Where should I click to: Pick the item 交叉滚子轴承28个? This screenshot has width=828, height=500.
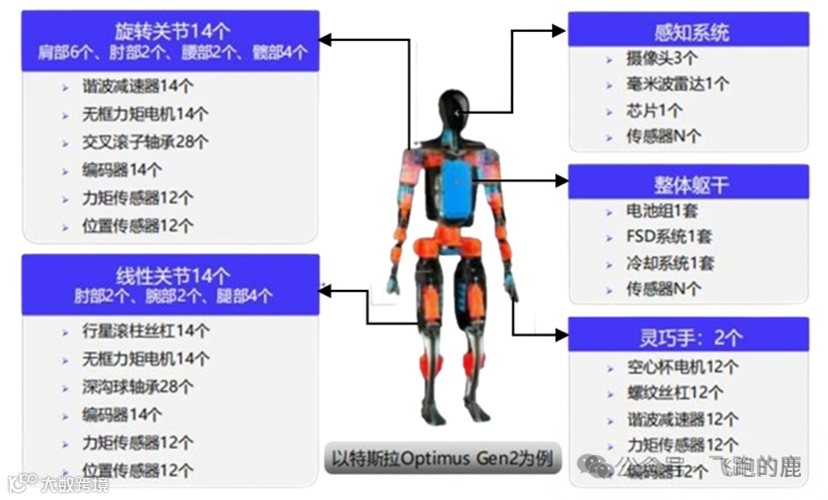click(145, 141)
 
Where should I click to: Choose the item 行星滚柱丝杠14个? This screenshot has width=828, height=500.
click(145, 331)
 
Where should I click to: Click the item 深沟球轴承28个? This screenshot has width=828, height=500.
click(138, 386)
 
